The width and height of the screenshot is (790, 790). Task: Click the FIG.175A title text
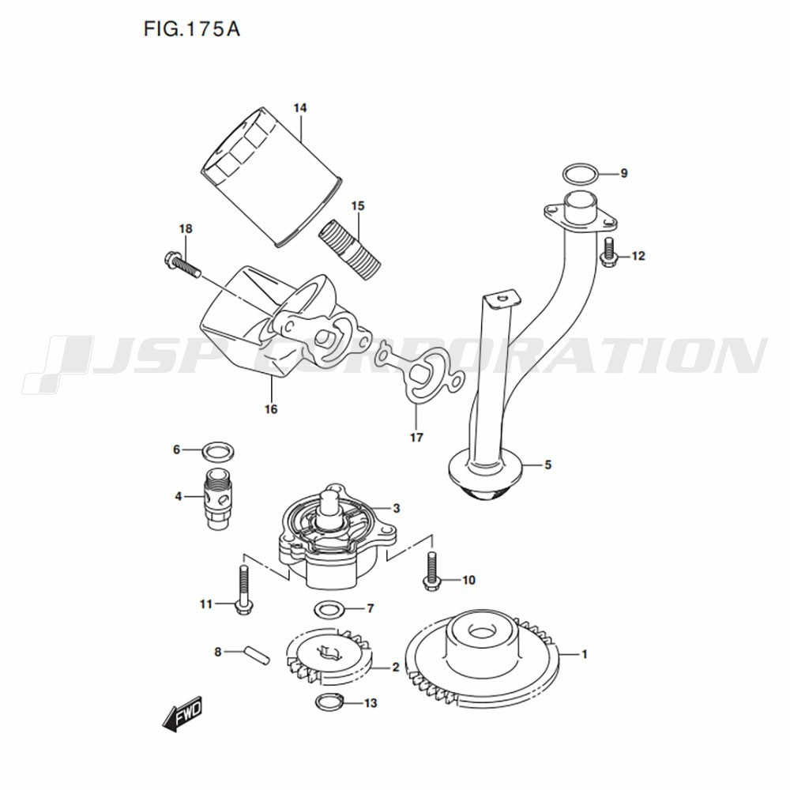tap(191, 29)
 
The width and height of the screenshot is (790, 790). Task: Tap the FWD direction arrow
tap(182, 713)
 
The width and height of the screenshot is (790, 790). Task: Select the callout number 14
tap(299, 107)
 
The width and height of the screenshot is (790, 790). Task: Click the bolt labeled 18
tap(182, 265)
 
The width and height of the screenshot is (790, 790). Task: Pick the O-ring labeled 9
tap(581, 175)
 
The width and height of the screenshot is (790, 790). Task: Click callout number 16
tap(271, 409)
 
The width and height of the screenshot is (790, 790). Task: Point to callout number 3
tap(397, 508)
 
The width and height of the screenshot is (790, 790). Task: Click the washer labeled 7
tap(329, 610)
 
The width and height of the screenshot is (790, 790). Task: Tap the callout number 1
tap(585, 654)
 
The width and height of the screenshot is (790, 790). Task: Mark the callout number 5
tap(548, 465)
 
